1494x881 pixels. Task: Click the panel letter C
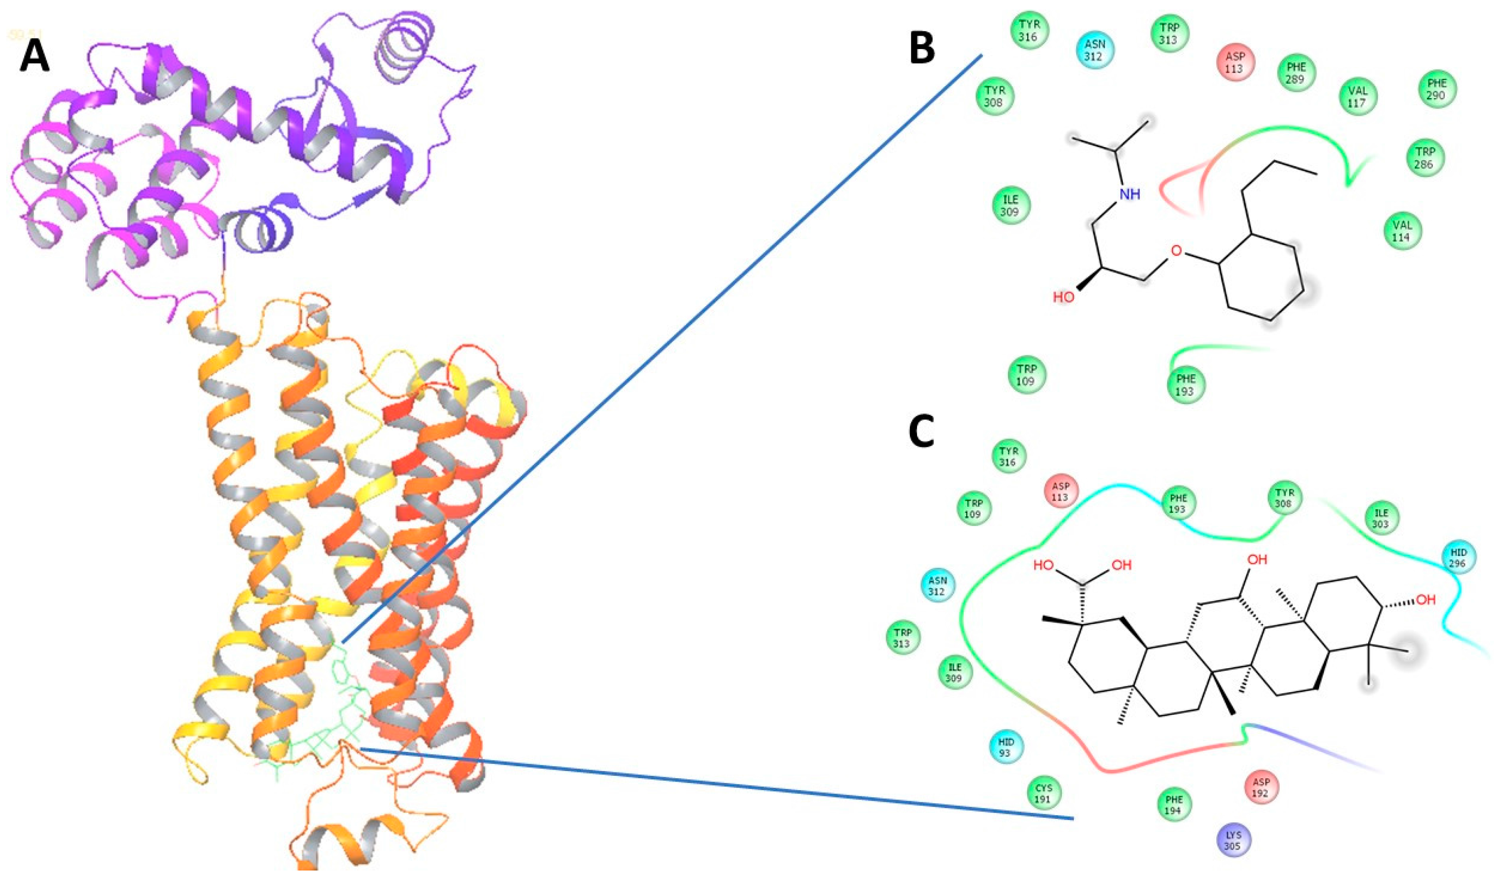(x=921, y=433)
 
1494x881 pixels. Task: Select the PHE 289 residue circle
(x=1296, y=73)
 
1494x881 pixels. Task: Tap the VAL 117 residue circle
(x=1357, y=96)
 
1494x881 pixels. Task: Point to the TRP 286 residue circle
(x=1424, y=158)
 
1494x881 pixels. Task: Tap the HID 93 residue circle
(x=1006, y=747)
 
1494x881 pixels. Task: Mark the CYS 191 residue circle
(x=1044, y=793)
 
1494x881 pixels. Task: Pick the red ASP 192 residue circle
(x=1261, y=787)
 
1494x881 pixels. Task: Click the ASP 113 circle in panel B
(x=1237, y=62)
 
